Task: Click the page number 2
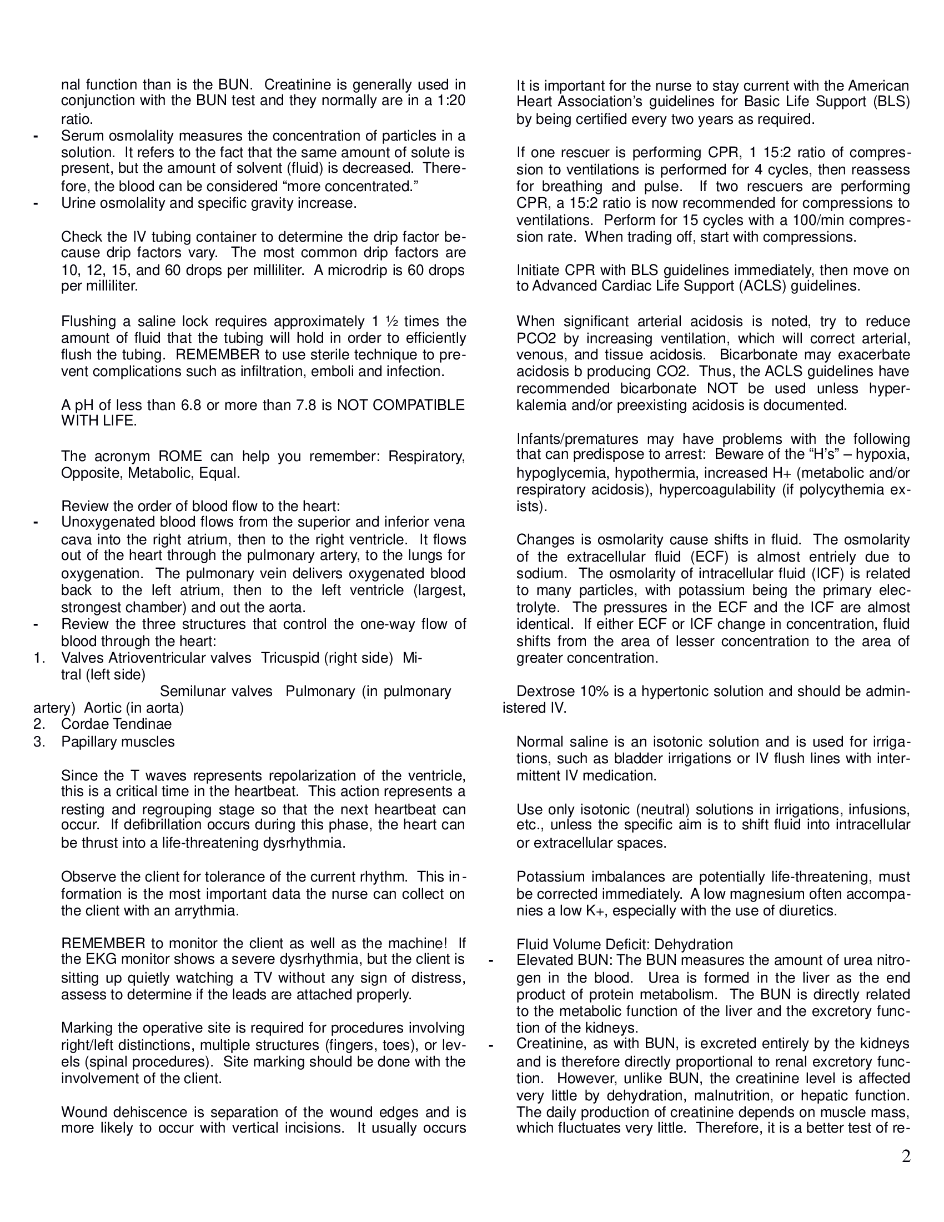tap(906, 1156)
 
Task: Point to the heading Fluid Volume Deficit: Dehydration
tap(624, 945)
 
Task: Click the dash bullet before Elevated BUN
tap(491, 961)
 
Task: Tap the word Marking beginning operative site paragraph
tap(87, 1028)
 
